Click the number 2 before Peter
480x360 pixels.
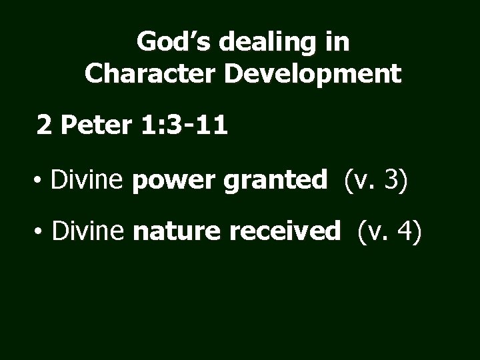[x=44, y=123]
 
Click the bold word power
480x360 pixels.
[x=175, y=180]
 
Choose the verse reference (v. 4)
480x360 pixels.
[x=389, y=231]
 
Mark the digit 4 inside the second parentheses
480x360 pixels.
[x=405, y=231]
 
